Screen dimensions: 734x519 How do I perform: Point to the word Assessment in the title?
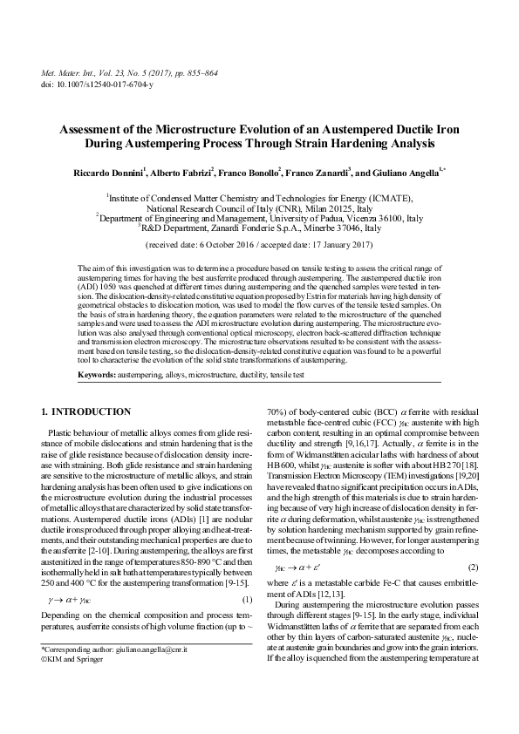coord(95,127)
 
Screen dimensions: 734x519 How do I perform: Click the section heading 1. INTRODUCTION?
coord(87,411)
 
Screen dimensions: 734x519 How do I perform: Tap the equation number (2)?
coord(471,567)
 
